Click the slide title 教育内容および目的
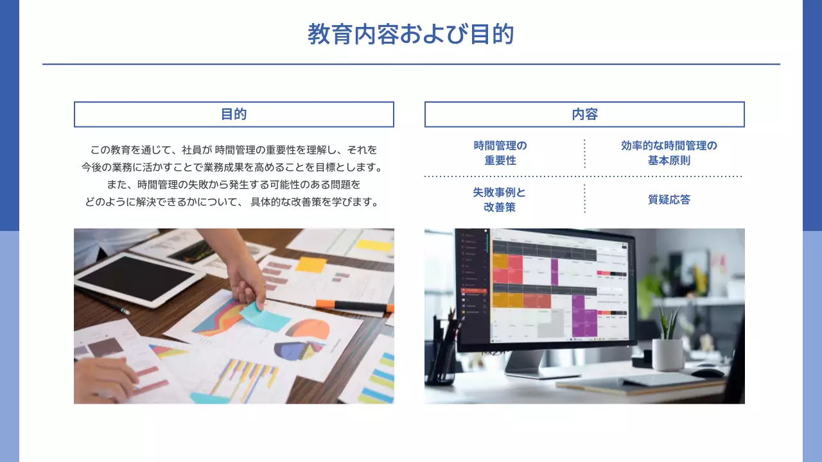[411, 34]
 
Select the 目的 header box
[234, 114]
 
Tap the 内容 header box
[584, 114]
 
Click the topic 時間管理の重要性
[500, 153]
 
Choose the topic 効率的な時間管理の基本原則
[669, 153]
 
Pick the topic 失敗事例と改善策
[500, 200]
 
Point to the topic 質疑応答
[669, 200]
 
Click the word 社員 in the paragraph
[191, 150]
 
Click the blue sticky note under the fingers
[264, 316]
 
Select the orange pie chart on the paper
[308, 329]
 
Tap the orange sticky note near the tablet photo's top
[311, 264]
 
